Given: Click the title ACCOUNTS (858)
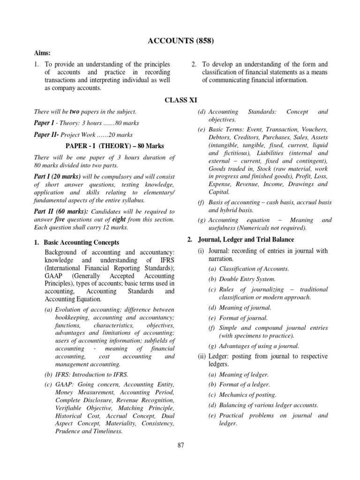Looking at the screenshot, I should (180, 41).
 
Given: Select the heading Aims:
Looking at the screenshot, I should (42, 53).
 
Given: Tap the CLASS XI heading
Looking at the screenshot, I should (180, 100).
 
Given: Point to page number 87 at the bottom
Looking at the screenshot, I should (180, 445).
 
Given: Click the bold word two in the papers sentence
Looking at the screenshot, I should (75, 112).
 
